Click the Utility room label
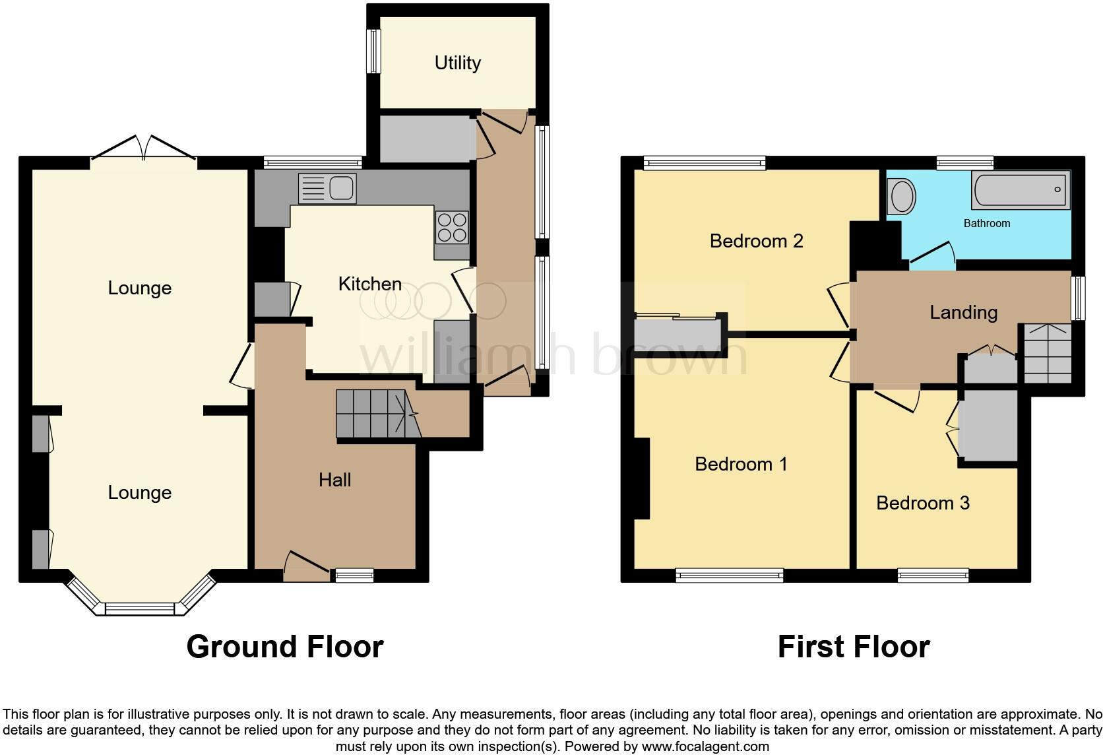click(457, 63)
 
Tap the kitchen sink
click(327, 188)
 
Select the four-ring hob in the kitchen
click(452, 227)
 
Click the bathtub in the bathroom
click(1020, 190)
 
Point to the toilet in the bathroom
click(902, 196)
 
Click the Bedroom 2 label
click(756, 241)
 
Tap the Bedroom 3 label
click(922, 503)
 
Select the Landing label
click(963, 312)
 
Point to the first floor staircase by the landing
click(1047, 353)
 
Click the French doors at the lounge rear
click(143, 148)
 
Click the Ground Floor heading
click(284, 647)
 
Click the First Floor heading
click(853, 647)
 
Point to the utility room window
click(374, 51)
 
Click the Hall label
click(334, 480)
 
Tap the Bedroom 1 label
click(741, 464)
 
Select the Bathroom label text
click(986, 223)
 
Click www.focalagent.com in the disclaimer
click(705, 746)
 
